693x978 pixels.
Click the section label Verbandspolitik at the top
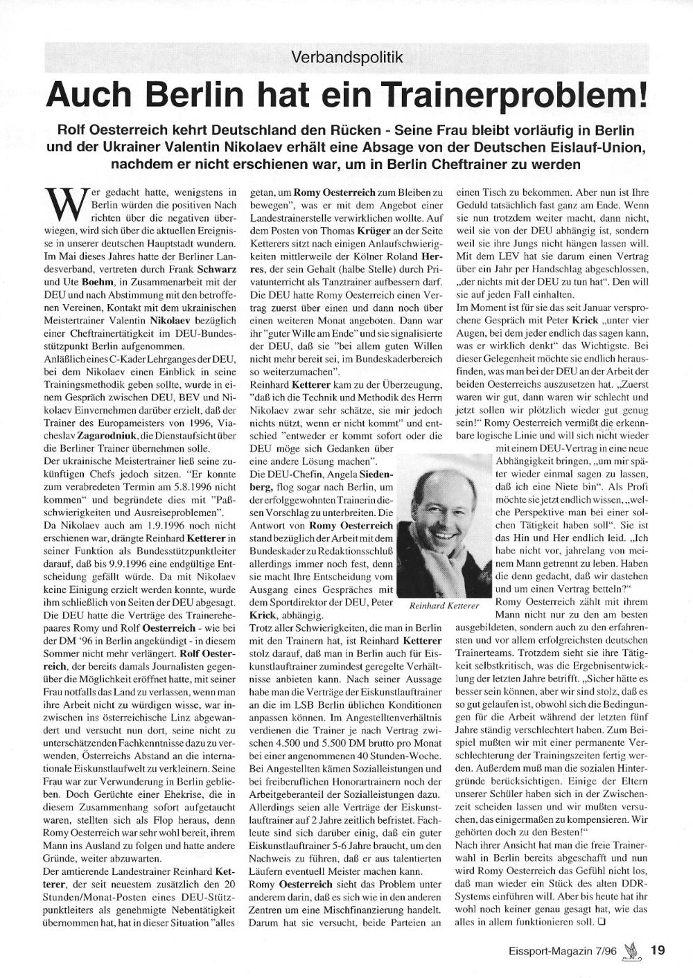[347, 57]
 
